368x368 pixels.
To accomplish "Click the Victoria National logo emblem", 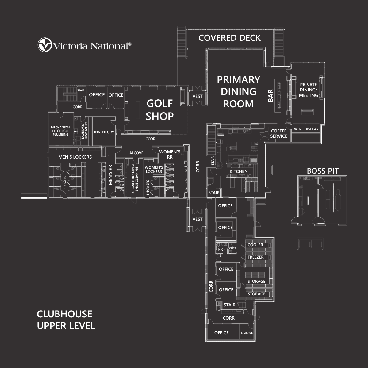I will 44,45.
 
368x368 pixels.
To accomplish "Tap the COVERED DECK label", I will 229,38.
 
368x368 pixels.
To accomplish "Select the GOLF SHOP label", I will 160,110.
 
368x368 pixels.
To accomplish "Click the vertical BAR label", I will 270,96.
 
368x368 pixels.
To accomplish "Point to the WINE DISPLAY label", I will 306,129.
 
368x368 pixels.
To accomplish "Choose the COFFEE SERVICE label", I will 279,133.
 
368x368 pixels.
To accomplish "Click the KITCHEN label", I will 239,171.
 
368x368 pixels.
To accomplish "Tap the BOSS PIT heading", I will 323,171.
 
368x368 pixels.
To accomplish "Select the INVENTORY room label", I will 104,132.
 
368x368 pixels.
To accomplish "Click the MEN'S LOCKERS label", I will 75,157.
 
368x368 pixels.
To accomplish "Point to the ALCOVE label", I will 136,153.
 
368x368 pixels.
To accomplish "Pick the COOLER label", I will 255,245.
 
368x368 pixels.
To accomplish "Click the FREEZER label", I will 255,257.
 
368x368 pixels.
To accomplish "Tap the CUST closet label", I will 232,248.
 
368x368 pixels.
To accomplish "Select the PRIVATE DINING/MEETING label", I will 308,90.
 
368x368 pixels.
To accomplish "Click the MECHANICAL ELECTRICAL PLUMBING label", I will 60,131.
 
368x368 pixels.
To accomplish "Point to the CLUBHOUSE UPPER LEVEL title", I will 66,320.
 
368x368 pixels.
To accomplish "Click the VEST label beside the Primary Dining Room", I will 197,96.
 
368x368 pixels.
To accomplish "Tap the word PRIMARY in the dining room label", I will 238,80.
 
